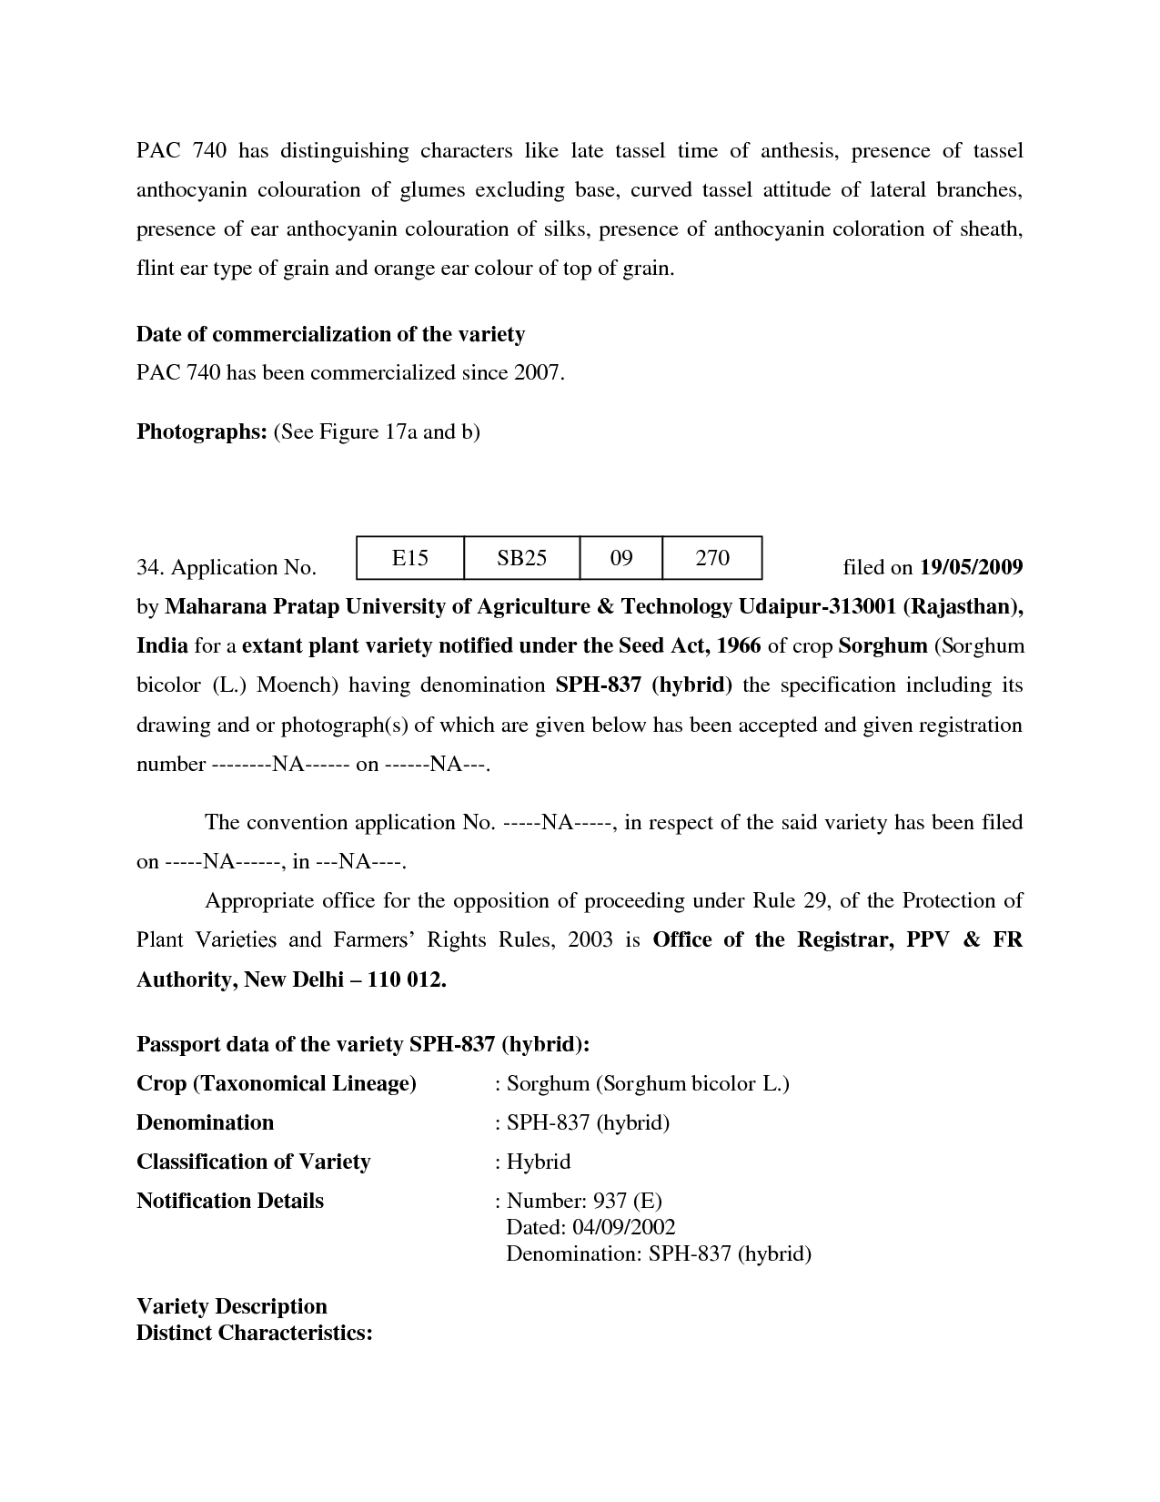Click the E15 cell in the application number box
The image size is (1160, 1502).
(409, 558)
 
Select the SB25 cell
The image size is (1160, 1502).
(521, 558)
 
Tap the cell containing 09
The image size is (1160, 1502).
(621, 558)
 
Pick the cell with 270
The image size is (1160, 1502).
(712, 558)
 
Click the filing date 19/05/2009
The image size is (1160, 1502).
(971, 568)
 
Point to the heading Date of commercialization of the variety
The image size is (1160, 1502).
(330, 334)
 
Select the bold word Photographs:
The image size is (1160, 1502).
(201, 431)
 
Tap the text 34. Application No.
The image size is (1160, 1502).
(227, 568)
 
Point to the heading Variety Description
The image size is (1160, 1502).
(231, 1306)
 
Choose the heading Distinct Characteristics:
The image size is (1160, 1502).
(255, 1333)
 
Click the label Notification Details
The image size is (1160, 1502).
(230, 1201)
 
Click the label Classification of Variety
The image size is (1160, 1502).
(253, 1162)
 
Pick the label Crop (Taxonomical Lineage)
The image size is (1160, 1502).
(277, 1083)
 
